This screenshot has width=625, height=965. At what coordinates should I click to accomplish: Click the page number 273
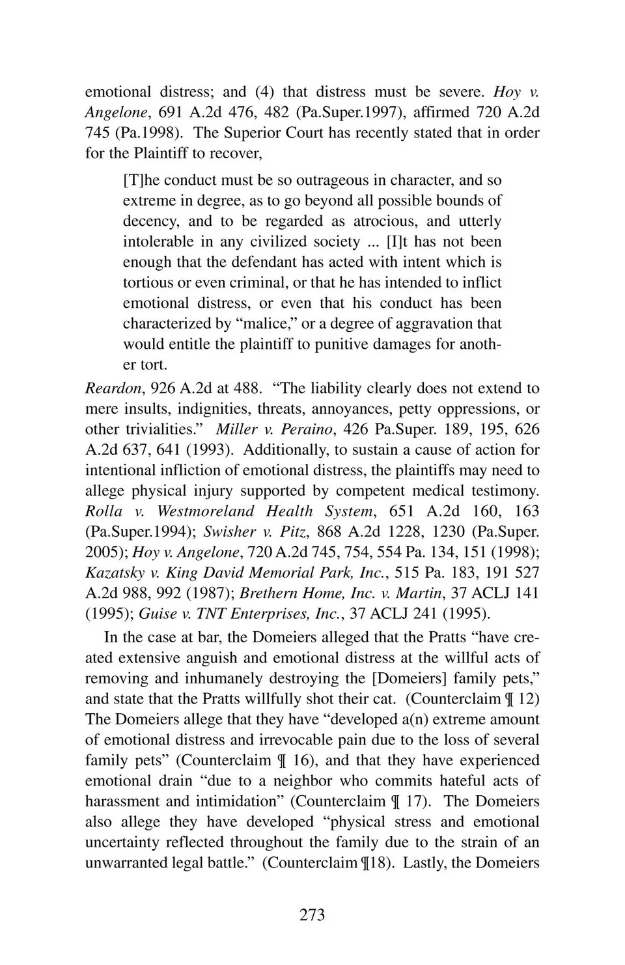click(312, 915)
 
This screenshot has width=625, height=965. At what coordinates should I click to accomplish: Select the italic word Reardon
click(113, 388)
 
